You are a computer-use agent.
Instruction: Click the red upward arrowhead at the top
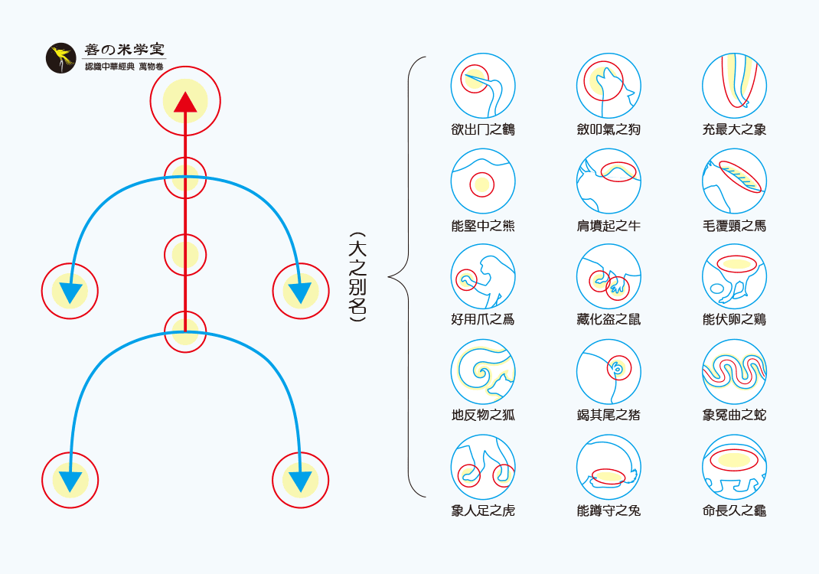click(x=185, y=101)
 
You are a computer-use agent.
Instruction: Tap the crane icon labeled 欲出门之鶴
click(x=482, y=85)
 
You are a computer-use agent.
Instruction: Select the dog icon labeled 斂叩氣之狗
click(x=608, y=85)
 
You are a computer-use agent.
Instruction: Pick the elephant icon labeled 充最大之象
click(x=733, y=85)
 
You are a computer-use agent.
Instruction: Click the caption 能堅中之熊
click(x=482, y=226)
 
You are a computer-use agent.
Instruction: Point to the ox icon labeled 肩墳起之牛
click(x=608, y=181)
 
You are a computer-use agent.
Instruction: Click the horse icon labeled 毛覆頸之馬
click(x=733, y=181)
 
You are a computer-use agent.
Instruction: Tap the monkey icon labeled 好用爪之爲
click(x=482, y=276)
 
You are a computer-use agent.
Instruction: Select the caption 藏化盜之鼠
click(x=608, y=319)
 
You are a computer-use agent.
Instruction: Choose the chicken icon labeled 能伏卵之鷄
click(x=733, y=276)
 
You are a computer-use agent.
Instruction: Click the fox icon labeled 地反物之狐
click(x=482, y=371)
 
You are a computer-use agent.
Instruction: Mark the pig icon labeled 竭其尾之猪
click(x=608, y=371)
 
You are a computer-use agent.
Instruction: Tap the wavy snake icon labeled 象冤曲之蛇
click(x=733, y=371)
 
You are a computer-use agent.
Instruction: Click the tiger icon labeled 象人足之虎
click(x=482, y=467)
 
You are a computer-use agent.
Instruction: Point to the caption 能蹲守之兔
click(x=608, y=510)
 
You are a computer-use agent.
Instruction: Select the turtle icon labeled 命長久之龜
click(x=733, y=467)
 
